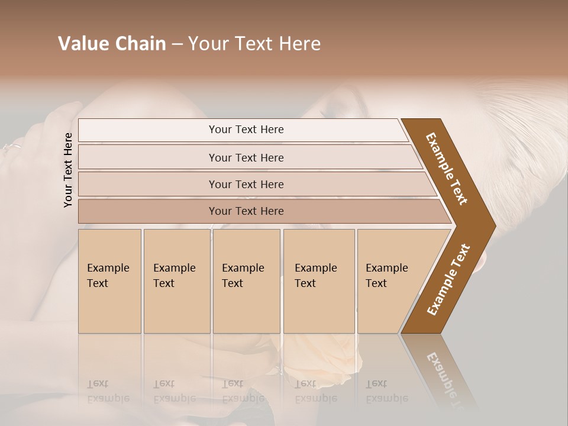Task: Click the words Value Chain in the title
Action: (x=112, y=44)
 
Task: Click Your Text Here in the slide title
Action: (x=254, y=44)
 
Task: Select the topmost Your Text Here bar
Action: (x=246, y=130)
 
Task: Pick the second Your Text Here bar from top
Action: (x=246, y=157)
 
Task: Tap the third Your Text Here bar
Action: (x=246, y=184)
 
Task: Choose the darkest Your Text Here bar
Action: (x=246, y=211)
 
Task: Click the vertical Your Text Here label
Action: (x=68, y=170)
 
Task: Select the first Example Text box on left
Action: (x=109, y=280)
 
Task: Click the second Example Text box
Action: (x=176, y=280)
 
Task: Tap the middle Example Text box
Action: (x=246, y=280)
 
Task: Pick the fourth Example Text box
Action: (x=318, y=280)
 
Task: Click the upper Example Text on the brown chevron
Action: (x=447, y=168)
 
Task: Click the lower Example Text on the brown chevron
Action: (x=448, y=279)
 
